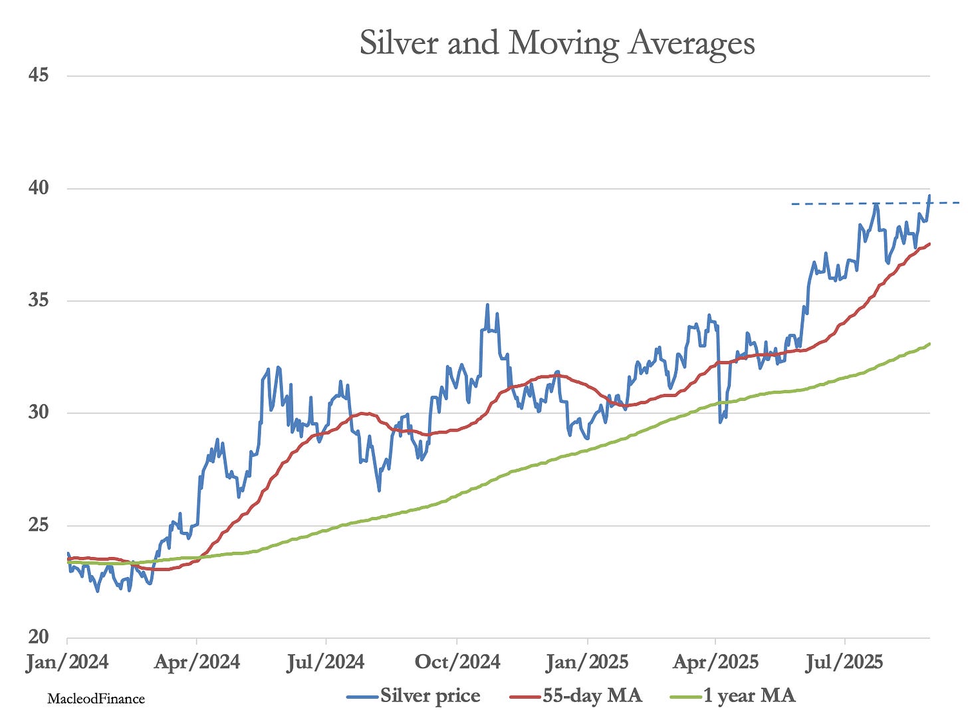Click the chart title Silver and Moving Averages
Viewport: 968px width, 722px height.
point(557,43)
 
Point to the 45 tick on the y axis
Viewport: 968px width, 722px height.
point(39,75)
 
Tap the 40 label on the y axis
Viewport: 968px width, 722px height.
point(39,188)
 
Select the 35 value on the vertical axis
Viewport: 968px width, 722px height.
point(39,301)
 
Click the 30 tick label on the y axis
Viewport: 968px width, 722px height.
point(39,412)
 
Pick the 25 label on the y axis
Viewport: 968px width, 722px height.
point(39,525)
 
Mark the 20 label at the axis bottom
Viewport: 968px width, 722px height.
point(39,637)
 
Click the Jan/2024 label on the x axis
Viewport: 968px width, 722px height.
point(67,662)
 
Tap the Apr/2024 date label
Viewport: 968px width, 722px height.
point(197,662)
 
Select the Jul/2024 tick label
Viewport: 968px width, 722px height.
point(326,662)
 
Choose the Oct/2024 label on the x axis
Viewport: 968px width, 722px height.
point(457,662)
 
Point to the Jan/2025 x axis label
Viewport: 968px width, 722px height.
point(587,662)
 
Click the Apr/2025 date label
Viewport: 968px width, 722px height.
point(715,662)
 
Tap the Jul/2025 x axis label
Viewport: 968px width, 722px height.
point(844,662)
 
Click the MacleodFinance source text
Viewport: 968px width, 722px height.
point(96,699)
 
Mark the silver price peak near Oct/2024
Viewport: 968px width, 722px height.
point(487,305)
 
